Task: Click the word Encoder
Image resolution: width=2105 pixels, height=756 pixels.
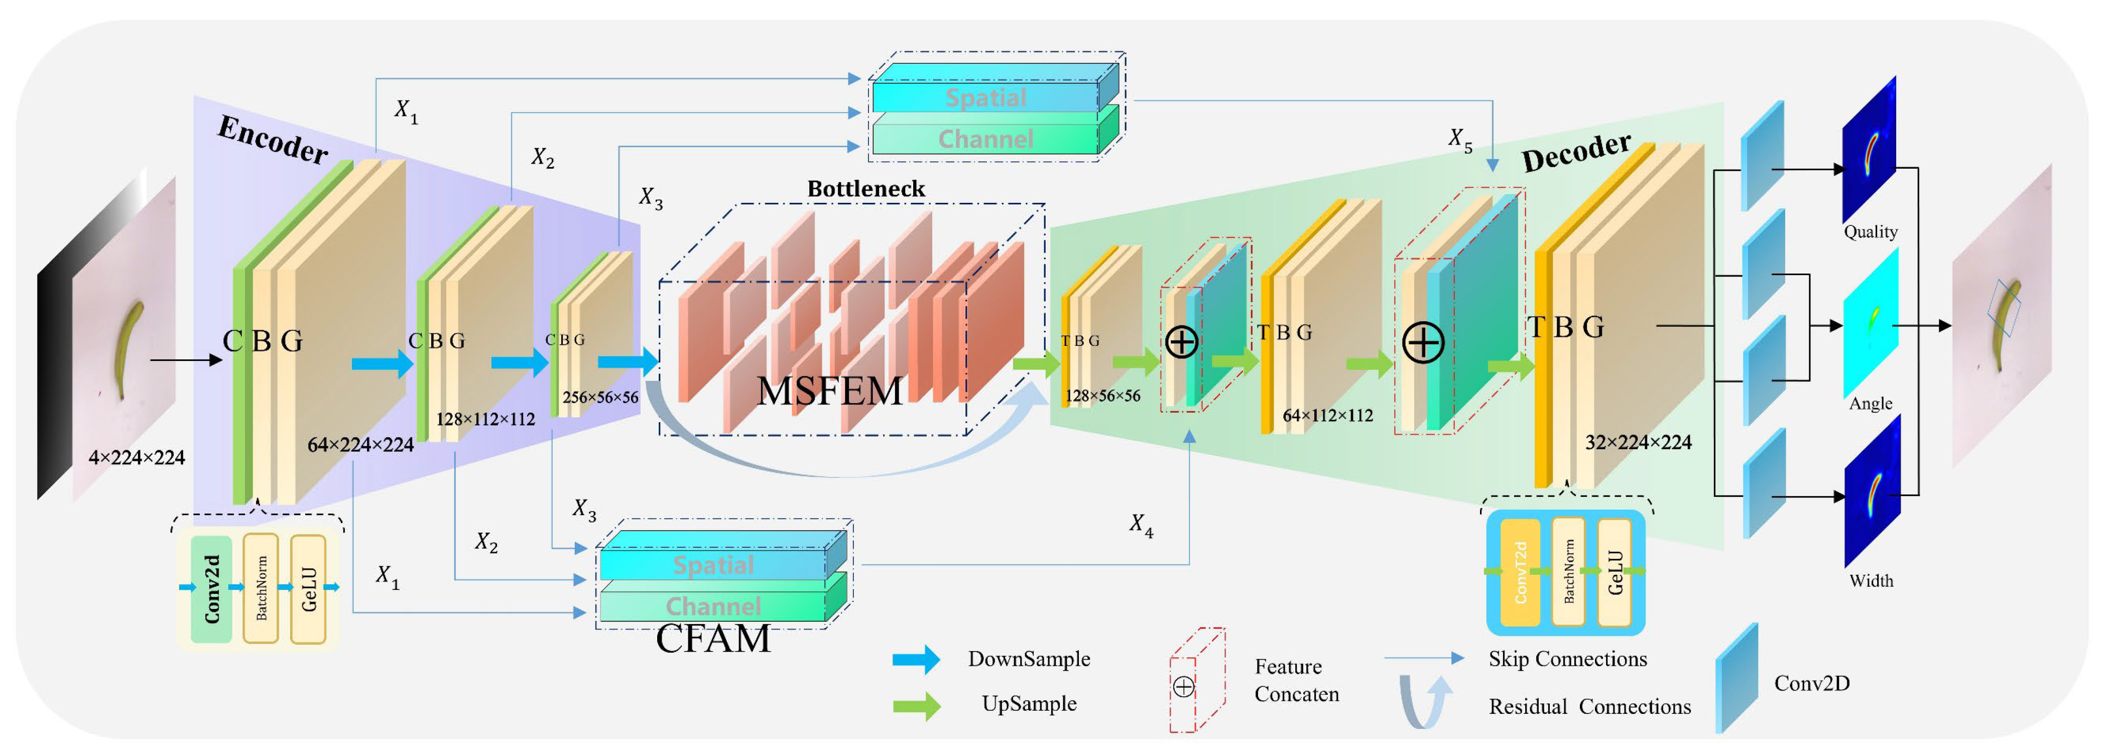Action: pos(273,140)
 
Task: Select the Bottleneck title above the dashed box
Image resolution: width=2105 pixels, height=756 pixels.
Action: pos(866,189)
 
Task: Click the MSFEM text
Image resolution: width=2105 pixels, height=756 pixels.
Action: pos(829,391)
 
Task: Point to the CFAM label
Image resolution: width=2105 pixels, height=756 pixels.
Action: pos(713,639)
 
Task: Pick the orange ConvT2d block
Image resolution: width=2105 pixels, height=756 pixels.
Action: pos(1520,573)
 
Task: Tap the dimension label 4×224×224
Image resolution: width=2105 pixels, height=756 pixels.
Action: pos(137,458)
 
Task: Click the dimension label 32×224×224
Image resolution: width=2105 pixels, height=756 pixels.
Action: pos(1639,443)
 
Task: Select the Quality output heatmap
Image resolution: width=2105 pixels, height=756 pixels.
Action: pos(1870,150)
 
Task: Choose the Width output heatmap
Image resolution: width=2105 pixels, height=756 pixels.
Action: pos(1873,490)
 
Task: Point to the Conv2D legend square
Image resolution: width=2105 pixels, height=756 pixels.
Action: pos(1737,678)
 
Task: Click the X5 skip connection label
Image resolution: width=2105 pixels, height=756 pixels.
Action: pos(1460,139)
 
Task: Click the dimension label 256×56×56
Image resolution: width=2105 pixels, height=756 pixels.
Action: pos(600,397)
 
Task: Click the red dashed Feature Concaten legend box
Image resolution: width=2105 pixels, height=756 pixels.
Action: pos(1197,680)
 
